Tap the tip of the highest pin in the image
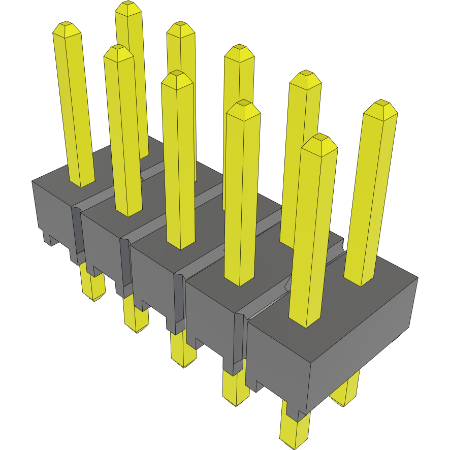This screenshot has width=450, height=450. [x=128, y=8]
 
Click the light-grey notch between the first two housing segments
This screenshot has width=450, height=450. [x=76, y=234]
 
